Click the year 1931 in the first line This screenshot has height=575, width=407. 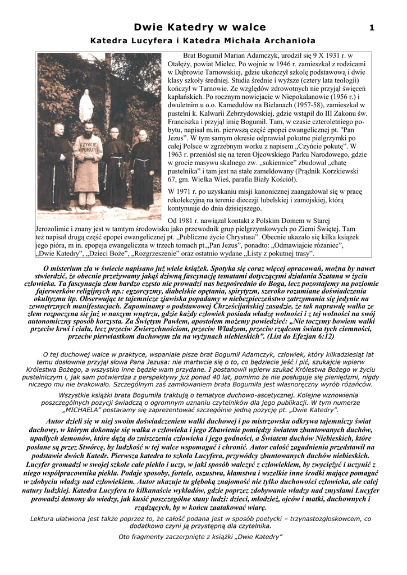(328, 57)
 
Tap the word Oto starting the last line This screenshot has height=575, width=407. (126, 537)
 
